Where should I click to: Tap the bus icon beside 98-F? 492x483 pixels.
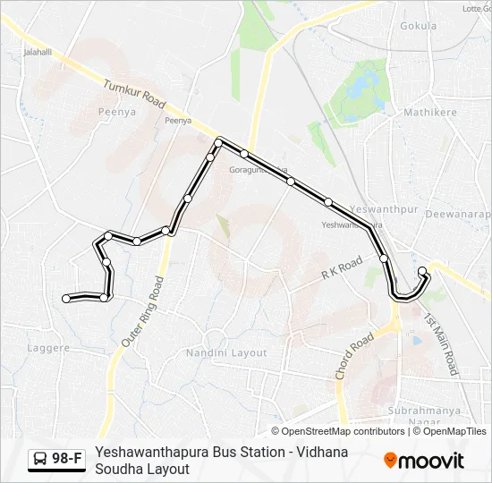[40, 460]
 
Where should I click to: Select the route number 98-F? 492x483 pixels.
[67, 460]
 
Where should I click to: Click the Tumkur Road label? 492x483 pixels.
[135, 95]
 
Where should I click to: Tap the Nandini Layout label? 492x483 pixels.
[226, 352]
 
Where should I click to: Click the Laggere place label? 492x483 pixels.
[48, 347]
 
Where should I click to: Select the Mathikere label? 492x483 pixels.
[429, 113]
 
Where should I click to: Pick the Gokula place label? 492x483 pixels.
[419, 26]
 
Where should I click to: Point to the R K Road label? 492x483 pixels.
[341, 267]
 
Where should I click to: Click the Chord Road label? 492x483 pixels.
[353, 356]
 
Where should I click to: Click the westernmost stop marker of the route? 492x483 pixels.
[66, 298]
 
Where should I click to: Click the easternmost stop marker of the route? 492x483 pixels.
[422, 271]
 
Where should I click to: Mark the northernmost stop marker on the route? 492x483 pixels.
[218, 142]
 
